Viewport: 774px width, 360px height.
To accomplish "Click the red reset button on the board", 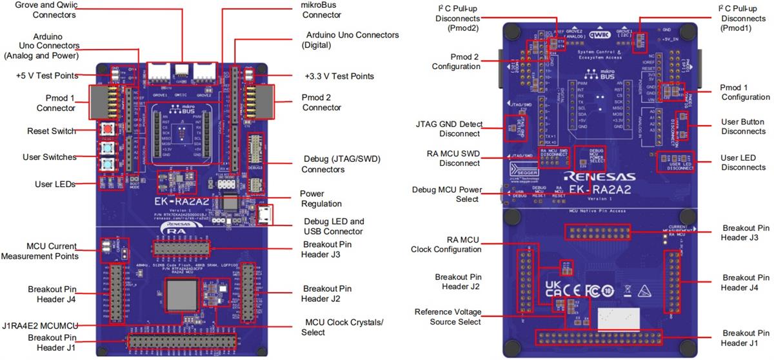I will [x=105, y=130].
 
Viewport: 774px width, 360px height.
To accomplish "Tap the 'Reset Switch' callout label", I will [x=51, y=131].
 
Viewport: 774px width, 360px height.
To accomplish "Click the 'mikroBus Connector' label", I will [x=321, y=10].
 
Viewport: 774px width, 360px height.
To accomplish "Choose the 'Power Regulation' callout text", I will [x=321, y=198].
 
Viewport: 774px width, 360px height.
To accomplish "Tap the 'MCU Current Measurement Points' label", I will [x=44, y=251].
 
